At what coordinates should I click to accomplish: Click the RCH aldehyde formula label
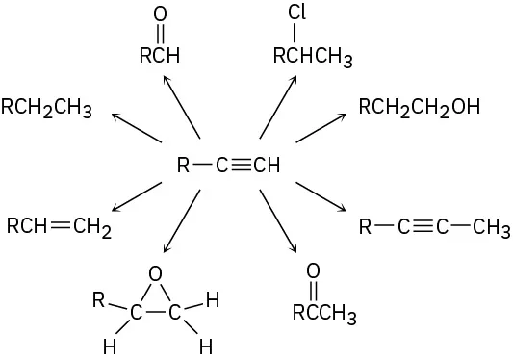point(160,56)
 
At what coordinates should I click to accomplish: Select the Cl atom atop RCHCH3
point(296,13)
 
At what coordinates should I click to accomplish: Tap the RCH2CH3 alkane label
point(46,106)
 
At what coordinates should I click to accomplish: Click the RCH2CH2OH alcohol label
point(419,106)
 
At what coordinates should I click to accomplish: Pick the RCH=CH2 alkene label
point(59,227)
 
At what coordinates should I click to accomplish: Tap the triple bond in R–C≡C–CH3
point(423,227)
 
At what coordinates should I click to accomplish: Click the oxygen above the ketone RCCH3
point(312,271)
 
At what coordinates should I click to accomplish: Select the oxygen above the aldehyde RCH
point(160,14)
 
